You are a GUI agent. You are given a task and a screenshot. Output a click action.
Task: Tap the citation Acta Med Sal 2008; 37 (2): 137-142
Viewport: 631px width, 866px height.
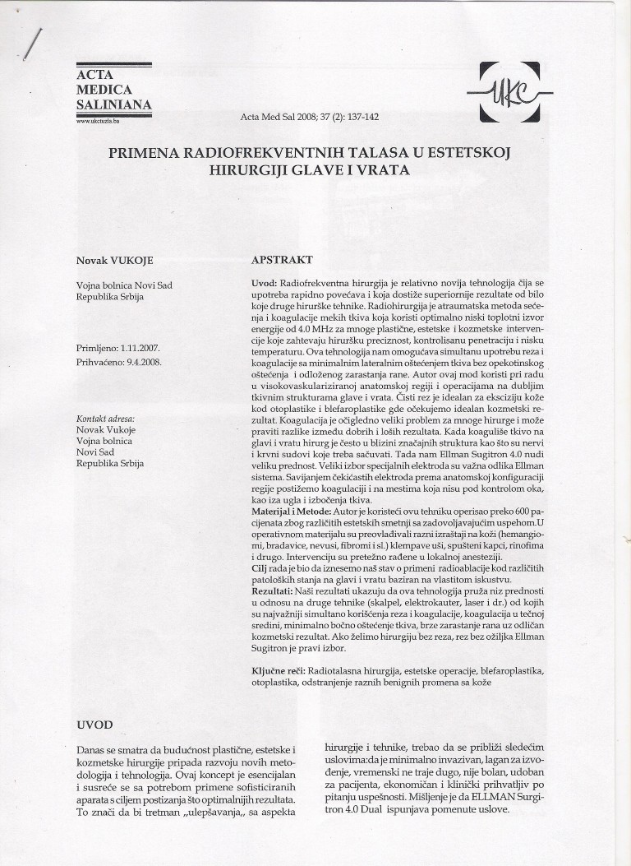tap(310, 118)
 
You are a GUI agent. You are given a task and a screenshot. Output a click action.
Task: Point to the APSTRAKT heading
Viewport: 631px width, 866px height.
tap(281, 260)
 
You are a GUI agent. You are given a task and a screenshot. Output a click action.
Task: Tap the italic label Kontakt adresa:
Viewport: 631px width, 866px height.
tap(105, 419)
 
